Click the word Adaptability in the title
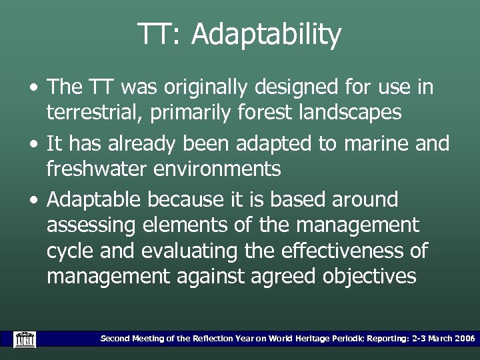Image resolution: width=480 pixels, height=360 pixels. pyautogui.click(x=266, y=35)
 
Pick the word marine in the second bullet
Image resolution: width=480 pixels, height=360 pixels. pyautogui.click(x=369, y=143)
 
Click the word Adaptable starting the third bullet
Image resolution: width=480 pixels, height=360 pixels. pyautogui.click(x=95, y=199)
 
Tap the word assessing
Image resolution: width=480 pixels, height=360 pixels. pyautogui.click(x=91, y=225)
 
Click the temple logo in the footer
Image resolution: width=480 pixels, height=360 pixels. pyautogui.click(x=24, y=339)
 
